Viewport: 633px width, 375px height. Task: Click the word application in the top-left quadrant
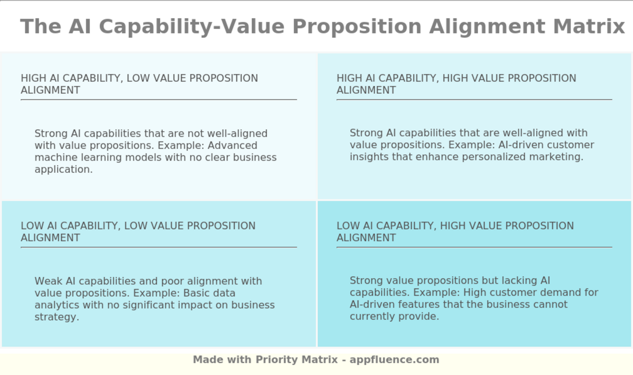coord(63,170)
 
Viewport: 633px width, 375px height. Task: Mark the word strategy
coord(57,317)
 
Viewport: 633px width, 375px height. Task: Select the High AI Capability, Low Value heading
coord(139,84)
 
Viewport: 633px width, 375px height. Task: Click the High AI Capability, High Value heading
coord(456,84)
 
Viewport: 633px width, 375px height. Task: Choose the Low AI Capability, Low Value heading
coord(138,232)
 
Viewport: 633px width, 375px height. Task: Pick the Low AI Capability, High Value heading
coord(455,232)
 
